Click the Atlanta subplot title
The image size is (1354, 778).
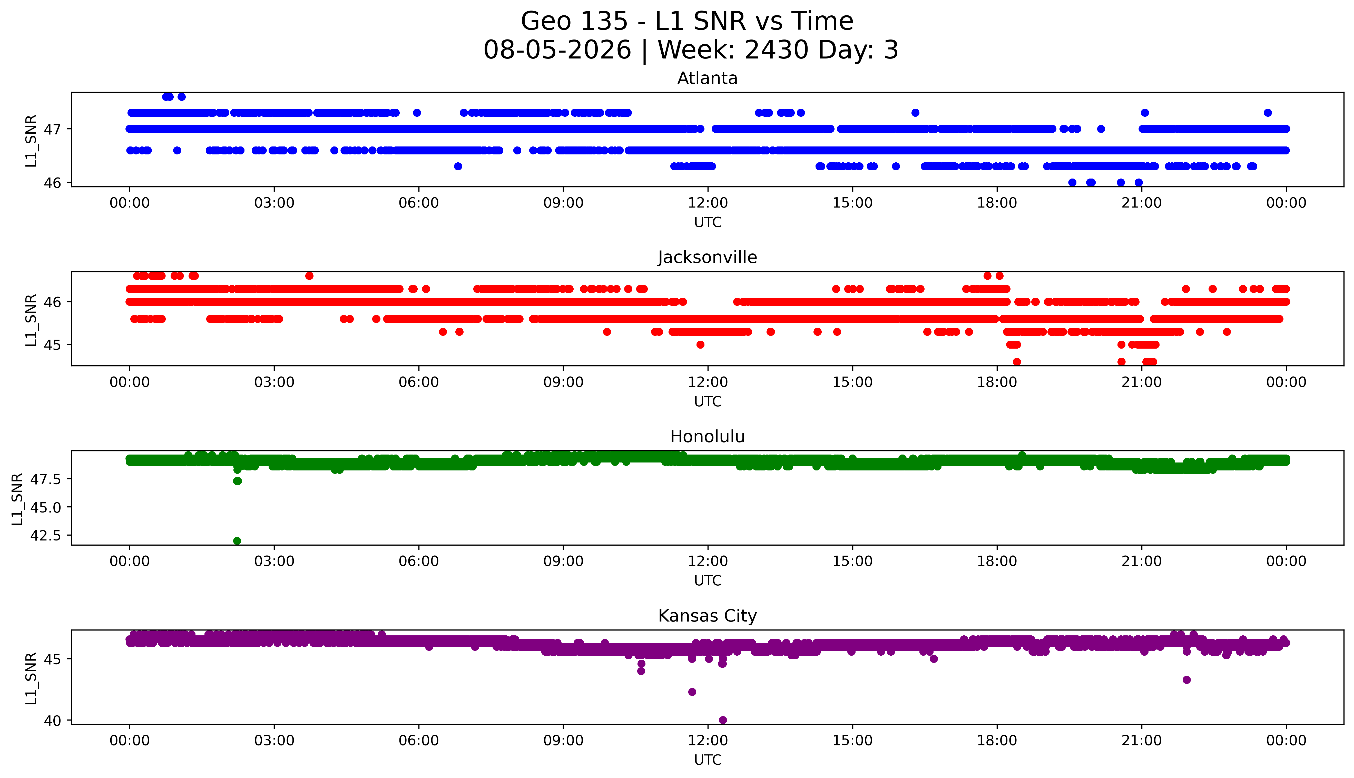coord(708,78)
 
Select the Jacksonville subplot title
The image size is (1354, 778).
coord(708,258)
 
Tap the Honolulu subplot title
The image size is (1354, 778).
coord(708,437)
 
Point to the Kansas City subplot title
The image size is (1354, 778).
coord(708,616)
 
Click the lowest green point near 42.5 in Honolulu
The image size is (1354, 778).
coord(237,541)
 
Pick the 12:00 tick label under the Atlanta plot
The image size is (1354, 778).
coord(708,203)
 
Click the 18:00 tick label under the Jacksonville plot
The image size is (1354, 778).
coord(997,382)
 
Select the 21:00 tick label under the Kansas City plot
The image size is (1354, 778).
coord(1141,741)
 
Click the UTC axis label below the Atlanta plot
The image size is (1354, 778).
coord(708,222)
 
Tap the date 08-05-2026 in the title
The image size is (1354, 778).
coord(557,50)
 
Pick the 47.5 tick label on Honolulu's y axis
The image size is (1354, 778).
coord(46,480)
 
